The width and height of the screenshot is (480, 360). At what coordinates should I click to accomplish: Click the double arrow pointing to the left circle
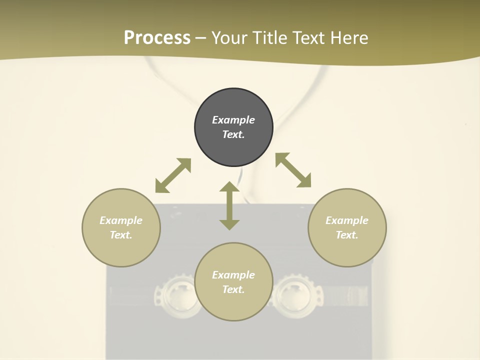pos(173,175)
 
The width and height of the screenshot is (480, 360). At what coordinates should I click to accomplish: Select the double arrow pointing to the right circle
pos(293,170)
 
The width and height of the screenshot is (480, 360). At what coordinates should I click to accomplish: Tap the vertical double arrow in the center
pos(229,205)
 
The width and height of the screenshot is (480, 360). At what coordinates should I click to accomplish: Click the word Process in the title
pos(157,37)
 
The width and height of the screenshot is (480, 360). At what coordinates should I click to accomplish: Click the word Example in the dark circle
pos(233,120)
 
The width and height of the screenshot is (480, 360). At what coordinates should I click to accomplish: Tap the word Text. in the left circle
pos(121,235)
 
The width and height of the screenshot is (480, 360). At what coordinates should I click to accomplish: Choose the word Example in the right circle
pos(347,220)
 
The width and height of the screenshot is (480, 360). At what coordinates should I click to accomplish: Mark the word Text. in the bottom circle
pos(233,289)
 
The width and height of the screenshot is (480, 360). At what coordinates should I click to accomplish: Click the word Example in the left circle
pos(121,220)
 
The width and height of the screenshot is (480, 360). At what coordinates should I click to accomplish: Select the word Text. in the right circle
pos(347,235)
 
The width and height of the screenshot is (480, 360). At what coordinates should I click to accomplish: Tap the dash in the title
pos(201,38)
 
